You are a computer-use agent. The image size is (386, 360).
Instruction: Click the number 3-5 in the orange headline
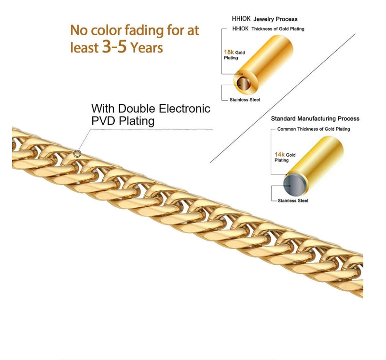[114, 46]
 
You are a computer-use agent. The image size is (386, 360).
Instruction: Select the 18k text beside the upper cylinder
[229, 52]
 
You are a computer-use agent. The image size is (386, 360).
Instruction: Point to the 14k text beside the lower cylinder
[280, 154]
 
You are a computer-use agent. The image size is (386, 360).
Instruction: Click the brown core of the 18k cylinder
[243, 83]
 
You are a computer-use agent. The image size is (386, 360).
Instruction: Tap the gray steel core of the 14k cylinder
[294, 185]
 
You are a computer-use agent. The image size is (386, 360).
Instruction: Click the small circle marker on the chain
[77, 154]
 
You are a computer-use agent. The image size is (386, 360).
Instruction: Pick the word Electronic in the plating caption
[185, 108]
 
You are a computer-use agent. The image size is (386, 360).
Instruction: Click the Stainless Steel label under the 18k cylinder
[245, 100]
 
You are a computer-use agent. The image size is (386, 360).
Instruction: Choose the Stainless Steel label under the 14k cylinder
[293, 200]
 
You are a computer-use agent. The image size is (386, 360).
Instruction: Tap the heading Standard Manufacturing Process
[315, 119]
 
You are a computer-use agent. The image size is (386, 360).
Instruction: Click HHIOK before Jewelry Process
[241, 19]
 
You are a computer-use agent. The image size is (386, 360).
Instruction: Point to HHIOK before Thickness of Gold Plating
[240, 29]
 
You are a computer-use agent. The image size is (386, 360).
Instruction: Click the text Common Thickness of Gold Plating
[314, 129]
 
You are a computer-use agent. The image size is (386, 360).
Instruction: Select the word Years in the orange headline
[147, 48]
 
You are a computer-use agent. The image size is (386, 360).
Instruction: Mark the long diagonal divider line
[283, 98]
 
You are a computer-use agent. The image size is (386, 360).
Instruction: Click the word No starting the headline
[79, 30]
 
